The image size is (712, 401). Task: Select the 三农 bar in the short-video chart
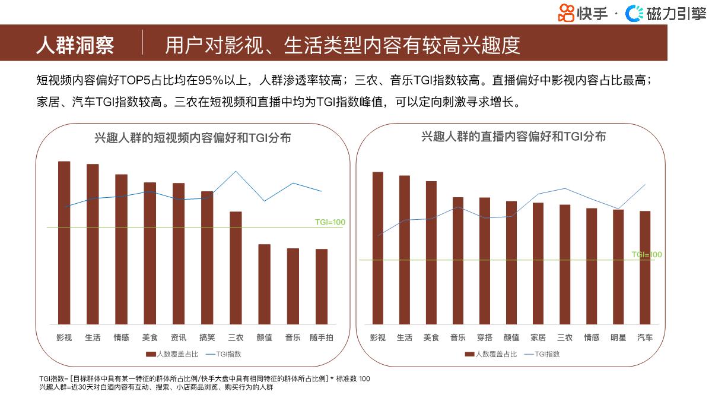[x=236, y=267]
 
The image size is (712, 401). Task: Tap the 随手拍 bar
[x=322, y=286]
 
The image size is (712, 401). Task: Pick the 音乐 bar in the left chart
[x=293, y=286]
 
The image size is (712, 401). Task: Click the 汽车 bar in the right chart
[x=645, y=267]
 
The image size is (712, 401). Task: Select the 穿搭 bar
[x=485, y=261]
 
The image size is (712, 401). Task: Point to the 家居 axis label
[x=538, y=337]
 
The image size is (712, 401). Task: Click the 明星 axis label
[x=618, y=337]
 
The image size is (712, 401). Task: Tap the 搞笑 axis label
[x=207, y=337]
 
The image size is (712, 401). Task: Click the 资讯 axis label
[x=179, y=337]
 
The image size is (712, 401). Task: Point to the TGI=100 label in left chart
[x=330, y=222]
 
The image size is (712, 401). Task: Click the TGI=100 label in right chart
[x=647, y=254]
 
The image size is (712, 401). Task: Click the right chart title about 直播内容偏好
[x=514, y=137]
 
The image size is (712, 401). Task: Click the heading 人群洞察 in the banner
[x=75, y=45]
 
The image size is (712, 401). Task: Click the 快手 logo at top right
[x=583, y=13]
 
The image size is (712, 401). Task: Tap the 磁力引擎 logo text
[x=676, y=14]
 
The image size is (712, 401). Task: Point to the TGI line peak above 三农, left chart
[x=236, y=172]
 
